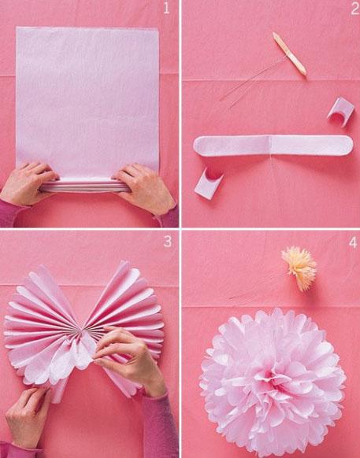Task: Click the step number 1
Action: [x=165, y=10]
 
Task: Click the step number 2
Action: [x=347, y=10]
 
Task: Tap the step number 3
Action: [x=166, y=241]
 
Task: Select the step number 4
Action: [x=347, y=241]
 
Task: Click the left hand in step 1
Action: [x=30, y=183]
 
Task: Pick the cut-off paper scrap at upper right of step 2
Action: [x=340, y=112]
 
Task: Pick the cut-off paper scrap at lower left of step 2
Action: [x=209, y=182]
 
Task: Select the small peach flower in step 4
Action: [x=299, y=268]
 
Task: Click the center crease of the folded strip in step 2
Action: [x=270, y=146]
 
